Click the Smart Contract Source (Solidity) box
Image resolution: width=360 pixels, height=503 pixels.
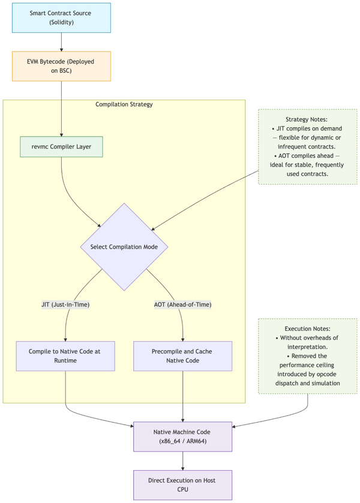(x=61, y=17)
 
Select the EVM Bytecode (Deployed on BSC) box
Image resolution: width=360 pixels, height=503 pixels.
(x=61, y=66)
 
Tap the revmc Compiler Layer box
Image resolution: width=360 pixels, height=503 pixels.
(x=61, y=147)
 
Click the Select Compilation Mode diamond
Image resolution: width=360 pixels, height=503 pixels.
(x=125, y=247)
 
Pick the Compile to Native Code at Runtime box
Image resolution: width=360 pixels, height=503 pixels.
(x=65, y=356)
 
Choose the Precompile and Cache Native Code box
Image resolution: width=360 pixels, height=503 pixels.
(x=182, y=356)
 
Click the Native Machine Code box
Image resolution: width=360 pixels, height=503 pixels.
(x=182, y=436)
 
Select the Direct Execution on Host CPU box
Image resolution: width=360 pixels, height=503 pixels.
(x=182, y=484)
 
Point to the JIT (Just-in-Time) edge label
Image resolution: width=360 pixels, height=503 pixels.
(x=65, y=305)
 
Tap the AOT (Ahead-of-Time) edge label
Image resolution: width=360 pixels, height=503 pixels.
(x=182, y=305)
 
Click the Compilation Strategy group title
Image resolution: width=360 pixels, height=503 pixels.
(x=124, y=104)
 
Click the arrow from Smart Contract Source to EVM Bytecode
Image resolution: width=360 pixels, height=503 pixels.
(x=61, y=42)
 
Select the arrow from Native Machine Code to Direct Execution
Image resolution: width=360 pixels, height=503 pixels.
(x=182, y=460)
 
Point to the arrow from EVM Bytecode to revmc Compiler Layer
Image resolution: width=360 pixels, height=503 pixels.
(x=61, y=108)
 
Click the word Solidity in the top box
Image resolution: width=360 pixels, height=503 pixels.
(x=61, y=22)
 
